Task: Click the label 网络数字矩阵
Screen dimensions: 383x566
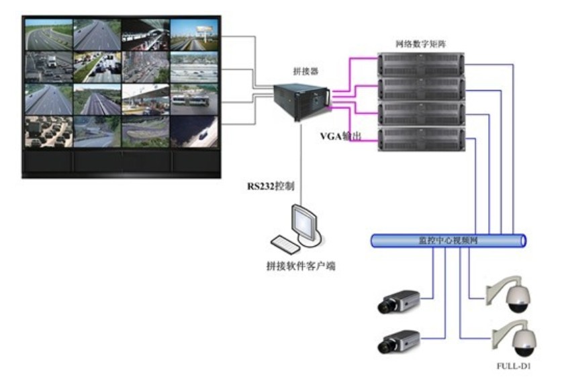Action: click(x=420, y=44)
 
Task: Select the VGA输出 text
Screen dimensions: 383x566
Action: click(x=340, y=136)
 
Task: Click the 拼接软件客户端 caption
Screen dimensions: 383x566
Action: click(x=300, y=266)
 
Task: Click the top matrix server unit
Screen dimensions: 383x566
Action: click(x=420, y=64)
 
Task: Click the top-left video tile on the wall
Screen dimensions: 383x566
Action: click(x=48, y=34)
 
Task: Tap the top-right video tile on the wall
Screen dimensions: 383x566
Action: click(x=194, y=34)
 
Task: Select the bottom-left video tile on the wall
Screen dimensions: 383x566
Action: click(x=48, y=132)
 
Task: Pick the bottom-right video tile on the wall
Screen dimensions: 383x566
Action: click(x=194, y=132)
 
